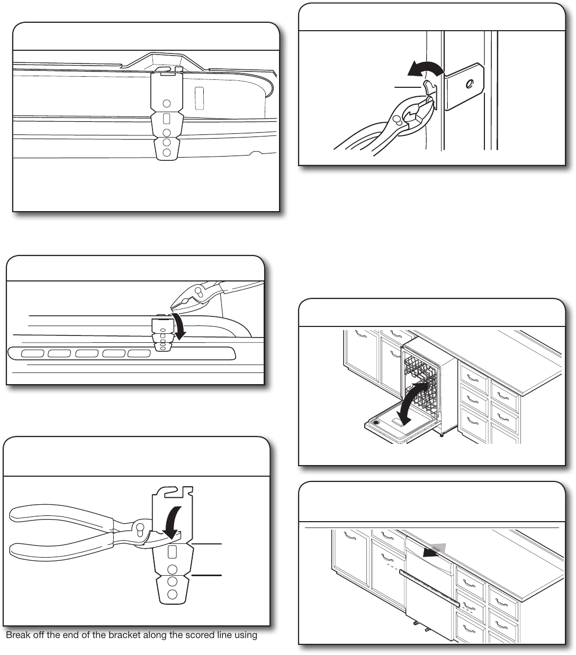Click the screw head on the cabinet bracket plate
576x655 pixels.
tap(469, 85)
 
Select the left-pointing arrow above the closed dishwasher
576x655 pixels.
tap(435, 551)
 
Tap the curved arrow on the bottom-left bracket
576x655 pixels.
tap(172, 524)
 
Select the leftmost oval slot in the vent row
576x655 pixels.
tap(33, 353)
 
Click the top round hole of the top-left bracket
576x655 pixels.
tap(167, 104)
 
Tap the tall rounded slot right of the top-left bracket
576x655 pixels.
tap(199, 98)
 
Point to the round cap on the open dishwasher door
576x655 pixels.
tap(376, 422)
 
